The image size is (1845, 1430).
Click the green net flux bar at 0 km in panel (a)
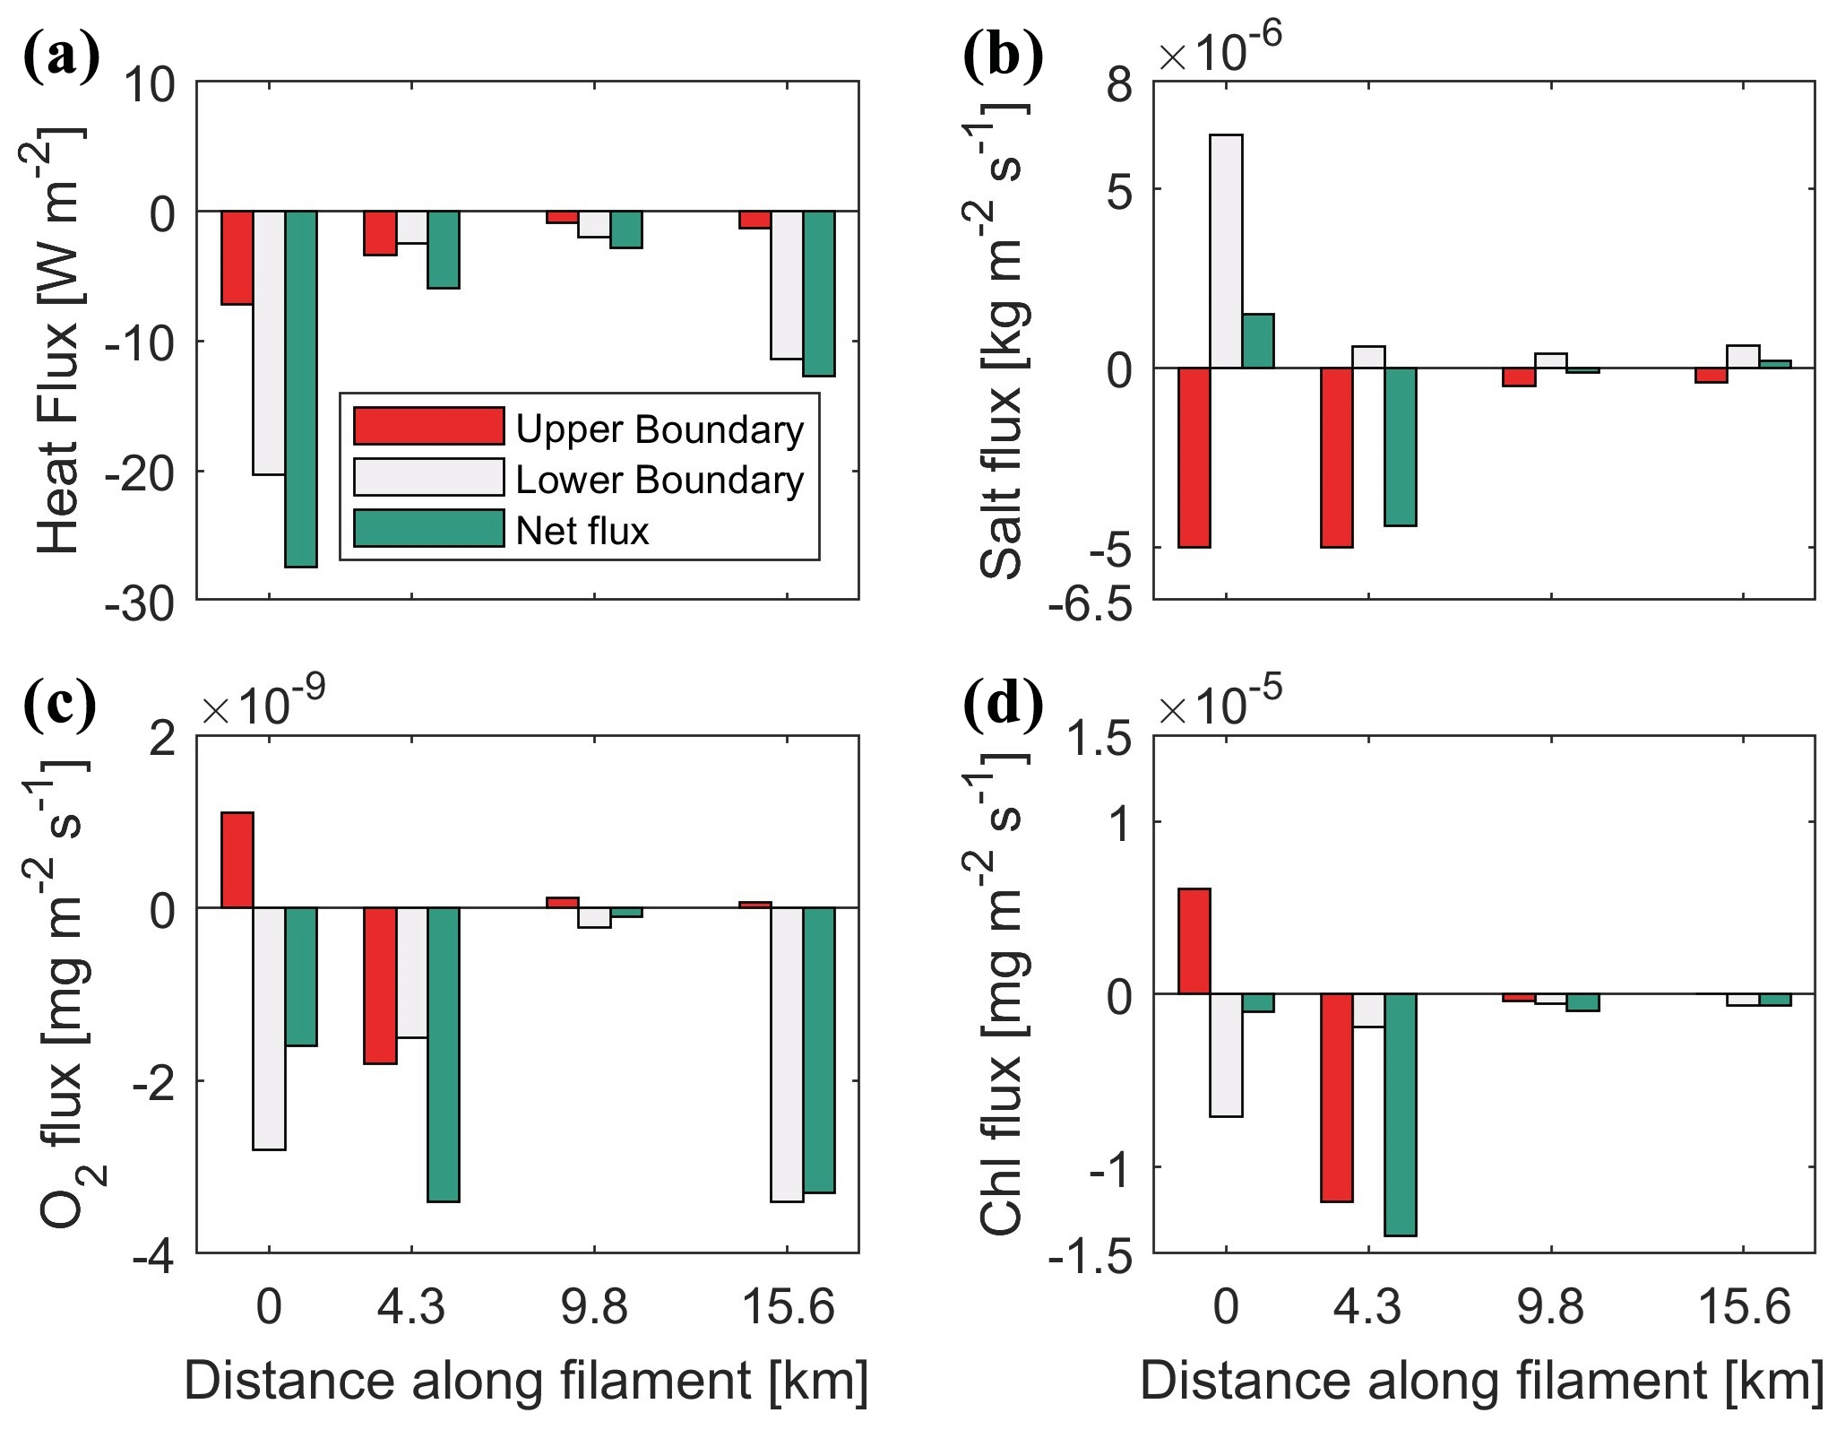pos(301,389)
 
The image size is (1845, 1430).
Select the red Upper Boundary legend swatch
pos(429,426)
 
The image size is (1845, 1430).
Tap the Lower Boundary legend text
pos(660,480)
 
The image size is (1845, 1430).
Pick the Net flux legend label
pos(582,531)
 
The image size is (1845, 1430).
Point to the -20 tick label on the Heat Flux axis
pos(140,472)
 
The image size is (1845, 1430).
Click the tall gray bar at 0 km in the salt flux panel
pos(1226,251)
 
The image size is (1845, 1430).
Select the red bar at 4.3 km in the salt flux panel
pos(1337,457)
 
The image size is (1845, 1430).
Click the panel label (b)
pos(1004,56)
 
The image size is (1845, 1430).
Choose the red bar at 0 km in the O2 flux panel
pos(237,860)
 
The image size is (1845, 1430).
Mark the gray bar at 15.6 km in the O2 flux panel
pos(787,1054)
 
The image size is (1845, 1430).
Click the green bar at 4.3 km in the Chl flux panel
pos(1401,1114)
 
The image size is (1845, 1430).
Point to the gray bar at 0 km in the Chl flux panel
pos(1226,1055)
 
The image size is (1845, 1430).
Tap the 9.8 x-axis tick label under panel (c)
pos(594,1308)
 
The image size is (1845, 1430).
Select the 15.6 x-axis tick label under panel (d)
pos(1744,1308)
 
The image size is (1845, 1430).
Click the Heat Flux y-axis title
pos(59,341)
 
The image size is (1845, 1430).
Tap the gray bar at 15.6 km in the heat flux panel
pos(787,285)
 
